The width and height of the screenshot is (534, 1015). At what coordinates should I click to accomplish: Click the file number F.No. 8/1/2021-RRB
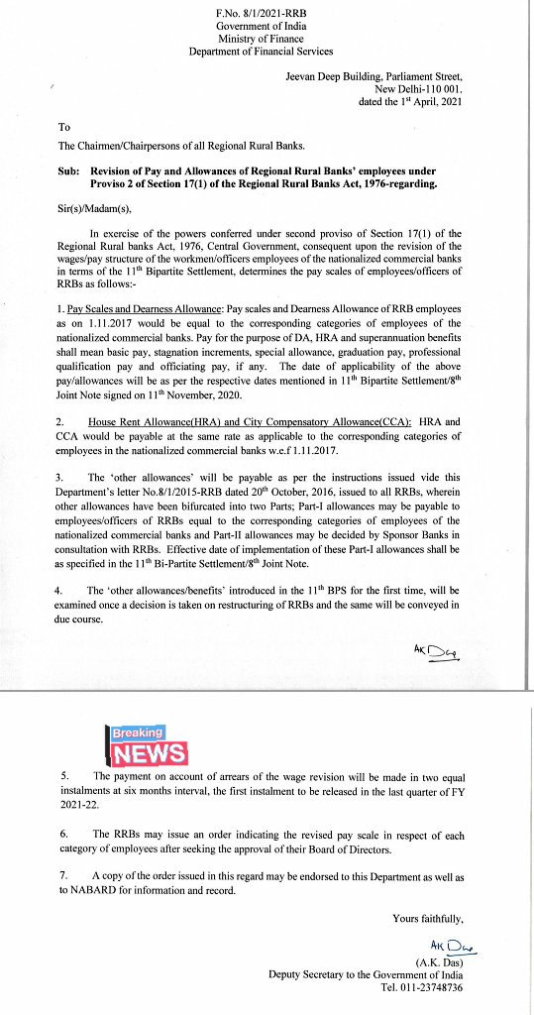coord(261,10)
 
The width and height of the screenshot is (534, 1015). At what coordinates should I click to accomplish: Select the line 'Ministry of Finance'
coord(261,38)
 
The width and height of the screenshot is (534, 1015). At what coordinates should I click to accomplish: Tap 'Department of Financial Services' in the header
coord(261,52)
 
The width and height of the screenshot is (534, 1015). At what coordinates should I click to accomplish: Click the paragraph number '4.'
coord(61,591)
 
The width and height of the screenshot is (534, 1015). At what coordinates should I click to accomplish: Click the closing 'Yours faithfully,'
coord(427,918)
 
